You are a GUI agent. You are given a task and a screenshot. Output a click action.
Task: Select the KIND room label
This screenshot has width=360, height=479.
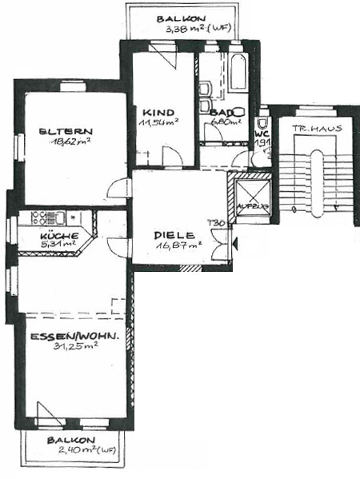(x=158, y=113)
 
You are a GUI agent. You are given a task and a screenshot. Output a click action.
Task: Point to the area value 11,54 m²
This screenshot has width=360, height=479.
(x=159, y=123)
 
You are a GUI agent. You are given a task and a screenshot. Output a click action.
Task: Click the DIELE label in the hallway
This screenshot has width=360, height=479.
(x=174, y=235)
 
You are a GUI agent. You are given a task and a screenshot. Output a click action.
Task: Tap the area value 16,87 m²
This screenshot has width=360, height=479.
(x=179, y=246)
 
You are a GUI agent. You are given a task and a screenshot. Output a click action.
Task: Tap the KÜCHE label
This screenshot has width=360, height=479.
(x=59, y=236)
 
